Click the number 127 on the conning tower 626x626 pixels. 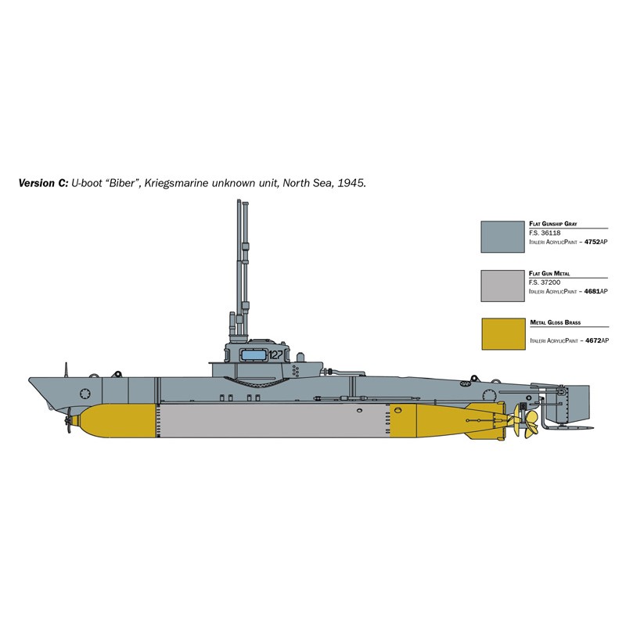coord(275,354)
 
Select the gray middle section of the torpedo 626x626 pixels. coord(285,421)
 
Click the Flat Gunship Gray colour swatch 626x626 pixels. coord(502,236)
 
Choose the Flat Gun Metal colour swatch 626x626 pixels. coord(502,286)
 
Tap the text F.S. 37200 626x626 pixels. coord(546,282)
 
